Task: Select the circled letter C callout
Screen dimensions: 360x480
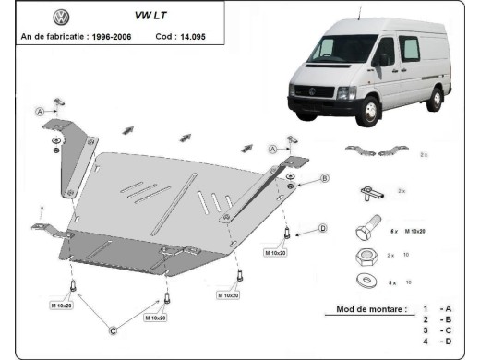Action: click(x=114, y=330)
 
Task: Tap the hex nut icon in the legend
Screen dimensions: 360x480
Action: click(x=364, y=254)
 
